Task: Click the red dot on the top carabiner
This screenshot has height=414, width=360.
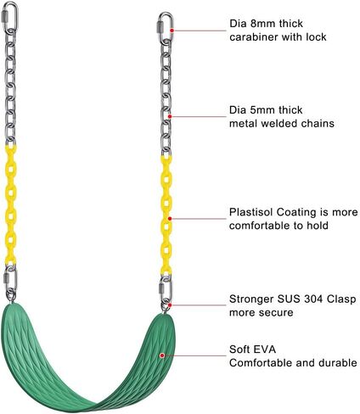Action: tap(172, 31)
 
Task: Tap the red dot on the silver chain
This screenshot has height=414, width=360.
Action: tap(170, 116)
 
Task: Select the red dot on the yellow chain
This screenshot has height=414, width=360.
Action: tap(170, 219)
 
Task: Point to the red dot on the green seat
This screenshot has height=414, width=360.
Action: tap(162, 355)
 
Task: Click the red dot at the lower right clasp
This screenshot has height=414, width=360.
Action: tap(170, 305)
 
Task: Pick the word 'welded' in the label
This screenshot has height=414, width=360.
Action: tap(279, 124)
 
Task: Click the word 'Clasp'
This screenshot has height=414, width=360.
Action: tap(341, 299)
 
